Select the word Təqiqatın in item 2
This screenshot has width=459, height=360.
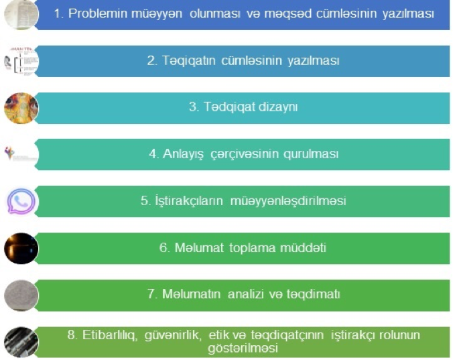pos(189,61)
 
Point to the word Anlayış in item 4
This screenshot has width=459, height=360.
pos(183,154)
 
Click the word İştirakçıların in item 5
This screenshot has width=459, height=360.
pos(189,201)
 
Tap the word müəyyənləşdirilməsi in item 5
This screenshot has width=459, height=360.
pos(288,201)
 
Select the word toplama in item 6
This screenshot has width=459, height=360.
pos(253,248)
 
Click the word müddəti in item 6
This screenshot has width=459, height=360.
pos(303,248)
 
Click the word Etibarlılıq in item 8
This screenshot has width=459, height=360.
pos(110,335)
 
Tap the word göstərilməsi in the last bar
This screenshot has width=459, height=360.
pos(243,349)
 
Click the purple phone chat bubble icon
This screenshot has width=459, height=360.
pos(21,201)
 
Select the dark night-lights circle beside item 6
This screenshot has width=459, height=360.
pos(21,249)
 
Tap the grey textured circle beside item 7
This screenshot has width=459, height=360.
pos(21,295)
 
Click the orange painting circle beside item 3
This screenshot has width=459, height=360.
pos(21,108)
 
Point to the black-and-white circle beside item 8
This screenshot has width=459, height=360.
pos(21,342)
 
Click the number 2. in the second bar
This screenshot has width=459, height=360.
pos(153,61)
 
